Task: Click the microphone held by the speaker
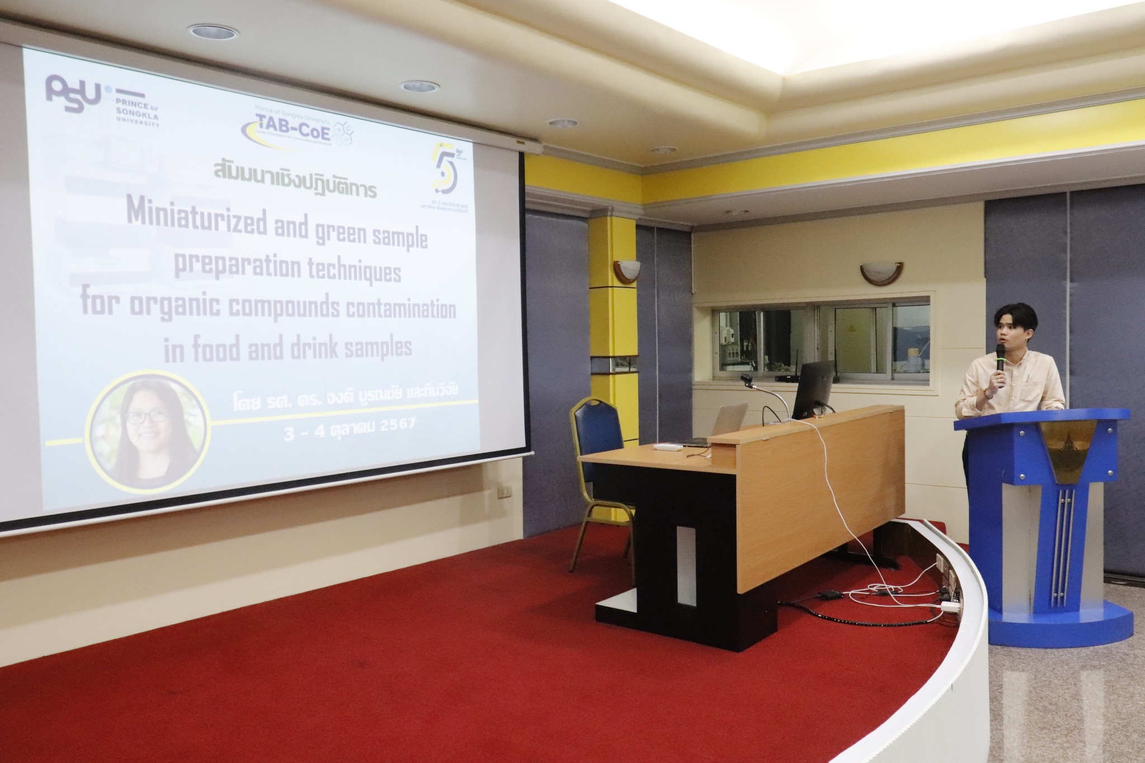point(1000,363)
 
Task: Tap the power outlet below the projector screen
point(113,491)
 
